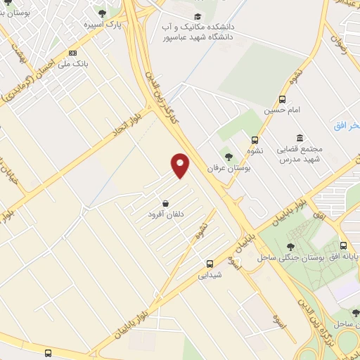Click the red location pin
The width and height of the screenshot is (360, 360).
click(181, 164)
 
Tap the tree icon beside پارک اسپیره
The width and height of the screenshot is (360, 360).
click(103, 13)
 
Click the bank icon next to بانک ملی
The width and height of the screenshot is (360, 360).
click(74, 53)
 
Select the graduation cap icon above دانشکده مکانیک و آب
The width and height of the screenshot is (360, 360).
click(198, 16)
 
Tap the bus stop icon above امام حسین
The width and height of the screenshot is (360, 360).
click(282, 99)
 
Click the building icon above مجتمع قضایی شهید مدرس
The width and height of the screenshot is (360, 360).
click(300, 137)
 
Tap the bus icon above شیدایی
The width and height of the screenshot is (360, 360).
click(210, 264)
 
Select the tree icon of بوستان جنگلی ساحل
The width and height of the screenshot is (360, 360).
click(290, 246)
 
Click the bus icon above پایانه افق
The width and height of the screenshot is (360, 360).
click(343, 246)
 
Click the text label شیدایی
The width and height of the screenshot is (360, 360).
click(210, 275)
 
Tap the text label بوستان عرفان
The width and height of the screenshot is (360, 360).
click(228, 168)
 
